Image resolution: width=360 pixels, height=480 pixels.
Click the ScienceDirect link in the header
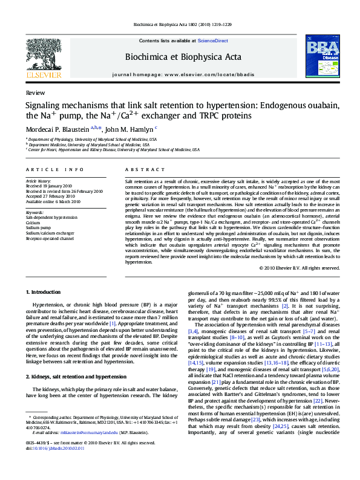pos(213,40)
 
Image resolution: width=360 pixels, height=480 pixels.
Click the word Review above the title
pos(35,94)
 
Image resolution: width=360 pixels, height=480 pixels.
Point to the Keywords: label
pos(35,212)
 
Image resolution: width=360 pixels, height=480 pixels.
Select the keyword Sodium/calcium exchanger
pos(50,232)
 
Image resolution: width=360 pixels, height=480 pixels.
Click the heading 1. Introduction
pos(44,292)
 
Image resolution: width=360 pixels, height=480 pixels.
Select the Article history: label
pos(38,181)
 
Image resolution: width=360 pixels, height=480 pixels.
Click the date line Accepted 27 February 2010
pos(50,196)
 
